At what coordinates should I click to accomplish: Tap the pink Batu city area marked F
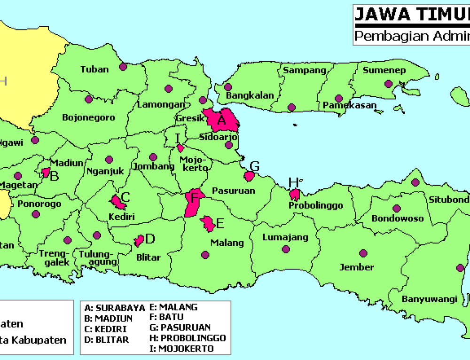pos(193,203)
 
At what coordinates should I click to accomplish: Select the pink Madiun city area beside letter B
pos(46,172)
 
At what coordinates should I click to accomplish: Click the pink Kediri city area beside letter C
pos(118,202)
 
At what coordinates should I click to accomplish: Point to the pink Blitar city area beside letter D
pos(139,241)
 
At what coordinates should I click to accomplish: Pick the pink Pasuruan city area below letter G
pos(249,176)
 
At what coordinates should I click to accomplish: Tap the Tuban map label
pos(94,69)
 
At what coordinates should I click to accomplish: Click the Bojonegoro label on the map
pos(88,117)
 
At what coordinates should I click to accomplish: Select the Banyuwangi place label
pos(429,299)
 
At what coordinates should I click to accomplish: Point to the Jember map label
pos(357,267)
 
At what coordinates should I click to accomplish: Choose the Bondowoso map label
pos(398,219)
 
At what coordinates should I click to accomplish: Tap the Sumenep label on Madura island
pos(381,70)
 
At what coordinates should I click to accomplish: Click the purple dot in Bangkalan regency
pos(228,87)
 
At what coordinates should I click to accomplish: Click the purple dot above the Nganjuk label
pos(109,160)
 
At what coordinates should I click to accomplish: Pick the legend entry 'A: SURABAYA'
pos(114,308)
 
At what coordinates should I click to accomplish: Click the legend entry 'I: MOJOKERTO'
pos(186,348)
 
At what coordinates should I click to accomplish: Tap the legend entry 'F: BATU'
pos(166,317)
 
